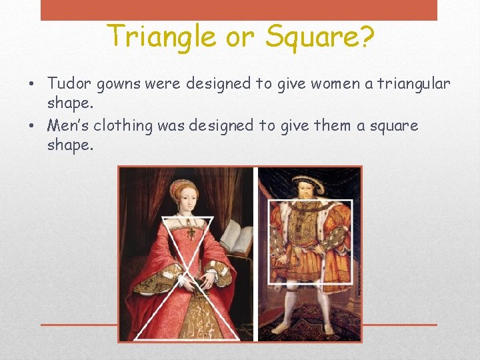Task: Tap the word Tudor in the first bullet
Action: (x=70, y=84)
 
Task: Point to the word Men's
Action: (x=68, y=125)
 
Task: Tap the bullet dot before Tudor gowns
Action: (x=31, y=85)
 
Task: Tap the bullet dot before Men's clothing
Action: (x=31, y=126)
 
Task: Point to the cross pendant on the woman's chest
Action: (x=191, y=233)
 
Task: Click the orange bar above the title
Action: (x=239, y=10)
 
